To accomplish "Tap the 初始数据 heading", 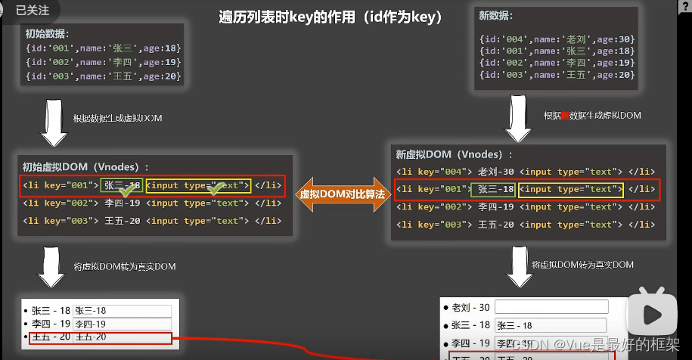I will click(47, 33).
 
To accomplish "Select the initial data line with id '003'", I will click(103, 76).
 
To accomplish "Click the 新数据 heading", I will click(495, 15).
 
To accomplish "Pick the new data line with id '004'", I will click(557, 39).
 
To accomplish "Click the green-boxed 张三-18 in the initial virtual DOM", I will click(122, 185).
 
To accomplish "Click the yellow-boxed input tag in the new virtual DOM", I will click(571, 189).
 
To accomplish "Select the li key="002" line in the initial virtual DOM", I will click(152, 203).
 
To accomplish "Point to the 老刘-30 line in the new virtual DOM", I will click(526, 172).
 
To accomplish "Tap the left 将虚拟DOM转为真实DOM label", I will click(124, 266).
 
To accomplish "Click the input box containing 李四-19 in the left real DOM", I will click(123, 324).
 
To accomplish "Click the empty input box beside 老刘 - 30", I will click(551, 307).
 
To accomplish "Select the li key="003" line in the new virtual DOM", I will click(525, 225).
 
